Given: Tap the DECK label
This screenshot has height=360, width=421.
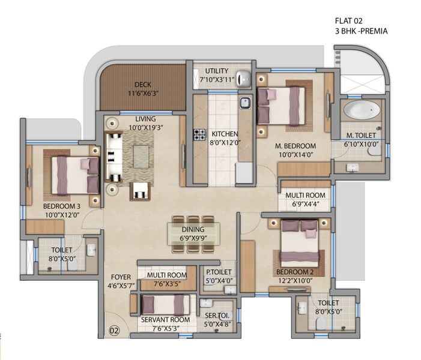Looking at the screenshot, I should pos(142,85).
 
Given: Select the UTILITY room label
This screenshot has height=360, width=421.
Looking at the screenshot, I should pos(216,71).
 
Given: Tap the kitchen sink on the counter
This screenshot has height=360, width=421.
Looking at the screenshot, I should pos(245,104).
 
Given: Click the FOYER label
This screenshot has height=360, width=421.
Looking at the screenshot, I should pos(121,277).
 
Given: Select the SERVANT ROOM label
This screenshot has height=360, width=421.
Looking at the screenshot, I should pos(165,320).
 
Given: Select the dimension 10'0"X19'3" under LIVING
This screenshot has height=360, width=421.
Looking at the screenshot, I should pos(146,128).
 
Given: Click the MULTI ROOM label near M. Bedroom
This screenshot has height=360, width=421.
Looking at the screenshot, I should pos(305,196).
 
